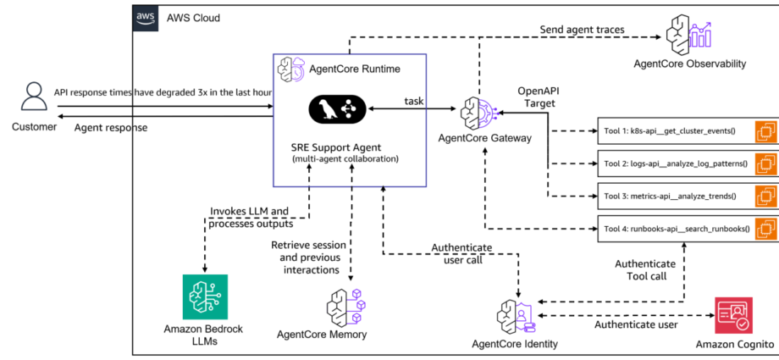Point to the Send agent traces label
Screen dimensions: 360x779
[583, 30]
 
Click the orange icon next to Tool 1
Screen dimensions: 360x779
[766, 131]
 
